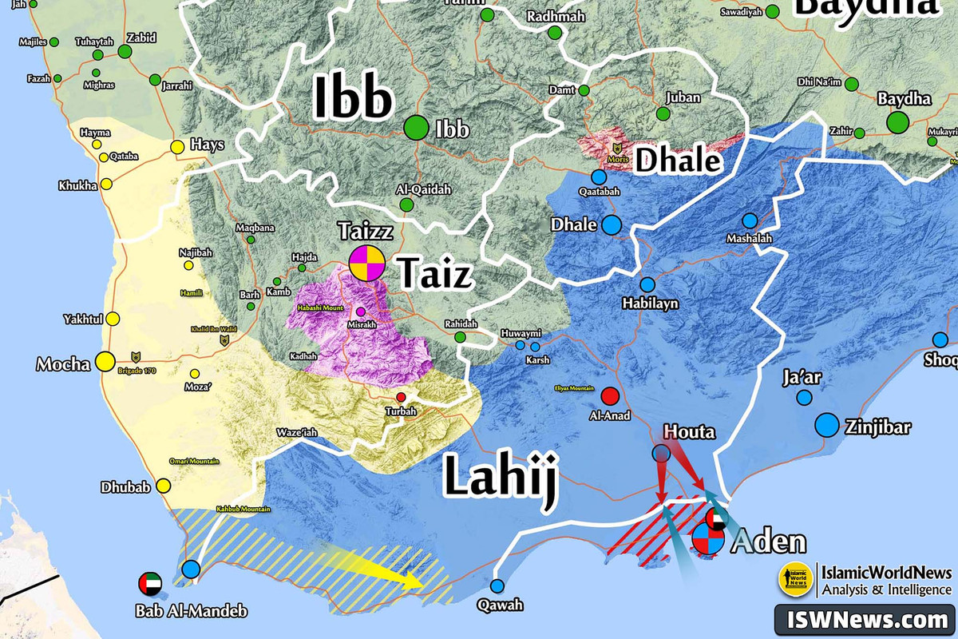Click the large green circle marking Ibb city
[416, 128]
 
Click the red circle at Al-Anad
[610, 395]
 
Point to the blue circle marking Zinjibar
[827, 425]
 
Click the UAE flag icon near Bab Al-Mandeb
[149, 583]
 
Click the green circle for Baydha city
[897, 122]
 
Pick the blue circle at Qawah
[498, 585]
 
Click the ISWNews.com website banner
[865, 619]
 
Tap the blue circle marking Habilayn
[647, 284]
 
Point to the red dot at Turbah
[401, 397]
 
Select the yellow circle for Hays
[177, 147]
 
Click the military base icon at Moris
[616, 148]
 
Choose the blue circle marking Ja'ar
[804, 397]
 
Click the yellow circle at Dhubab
[164, 486]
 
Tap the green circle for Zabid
[125, 52]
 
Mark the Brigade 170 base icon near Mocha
[134, 356]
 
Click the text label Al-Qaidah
[423, 189]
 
